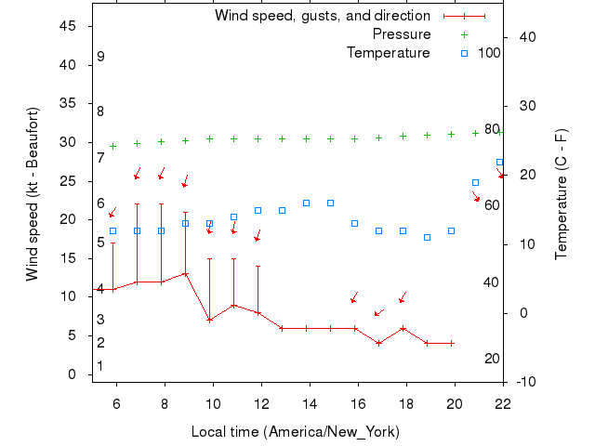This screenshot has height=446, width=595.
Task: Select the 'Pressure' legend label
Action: pyautogui.click(x=401, y=34)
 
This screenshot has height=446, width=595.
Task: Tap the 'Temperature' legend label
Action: pyautogui.click(x=388, y=53)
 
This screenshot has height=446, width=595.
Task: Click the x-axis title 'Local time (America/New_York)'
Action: pyautogui.click(x=295, y=432)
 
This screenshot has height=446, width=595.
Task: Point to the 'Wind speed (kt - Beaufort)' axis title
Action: pyautogui.click(x=33, y=194)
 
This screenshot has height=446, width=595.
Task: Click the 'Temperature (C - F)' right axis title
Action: pyautogui.click(x=561, y=194)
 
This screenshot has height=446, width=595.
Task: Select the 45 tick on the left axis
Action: pyautogui.click(x=68, y=26)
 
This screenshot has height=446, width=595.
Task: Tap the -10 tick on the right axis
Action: pyautogui.click(x=524, y=382)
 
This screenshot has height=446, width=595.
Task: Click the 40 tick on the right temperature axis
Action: pyautogui.click(x=523, y=37)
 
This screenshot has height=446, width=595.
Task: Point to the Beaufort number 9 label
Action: pyautogui.click(x=100, y=57)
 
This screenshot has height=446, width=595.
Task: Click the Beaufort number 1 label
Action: pyautogui.click(x=100, y=367)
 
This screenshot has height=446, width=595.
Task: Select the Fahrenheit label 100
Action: pyautogui.click(x=489, y=53)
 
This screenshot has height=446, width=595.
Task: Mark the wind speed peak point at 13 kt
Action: pyautogui.click(x=185, y=273)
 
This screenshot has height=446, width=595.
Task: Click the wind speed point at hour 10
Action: pyautogui.click(x=209, y=320)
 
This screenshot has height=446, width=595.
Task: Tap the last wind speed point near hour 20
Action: pyautogui.click(x=451, y=343)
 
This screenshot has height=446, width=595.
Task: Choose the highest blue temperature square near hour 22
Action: pyautogui.click(x=499, y=163)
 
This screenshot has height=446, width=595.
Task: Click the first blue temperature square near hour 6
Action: pyautogui.click(x=112, y=231)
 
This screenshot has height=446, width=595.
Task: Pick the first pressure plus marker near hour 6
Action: pyautogui.click(x=112, y=146)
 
